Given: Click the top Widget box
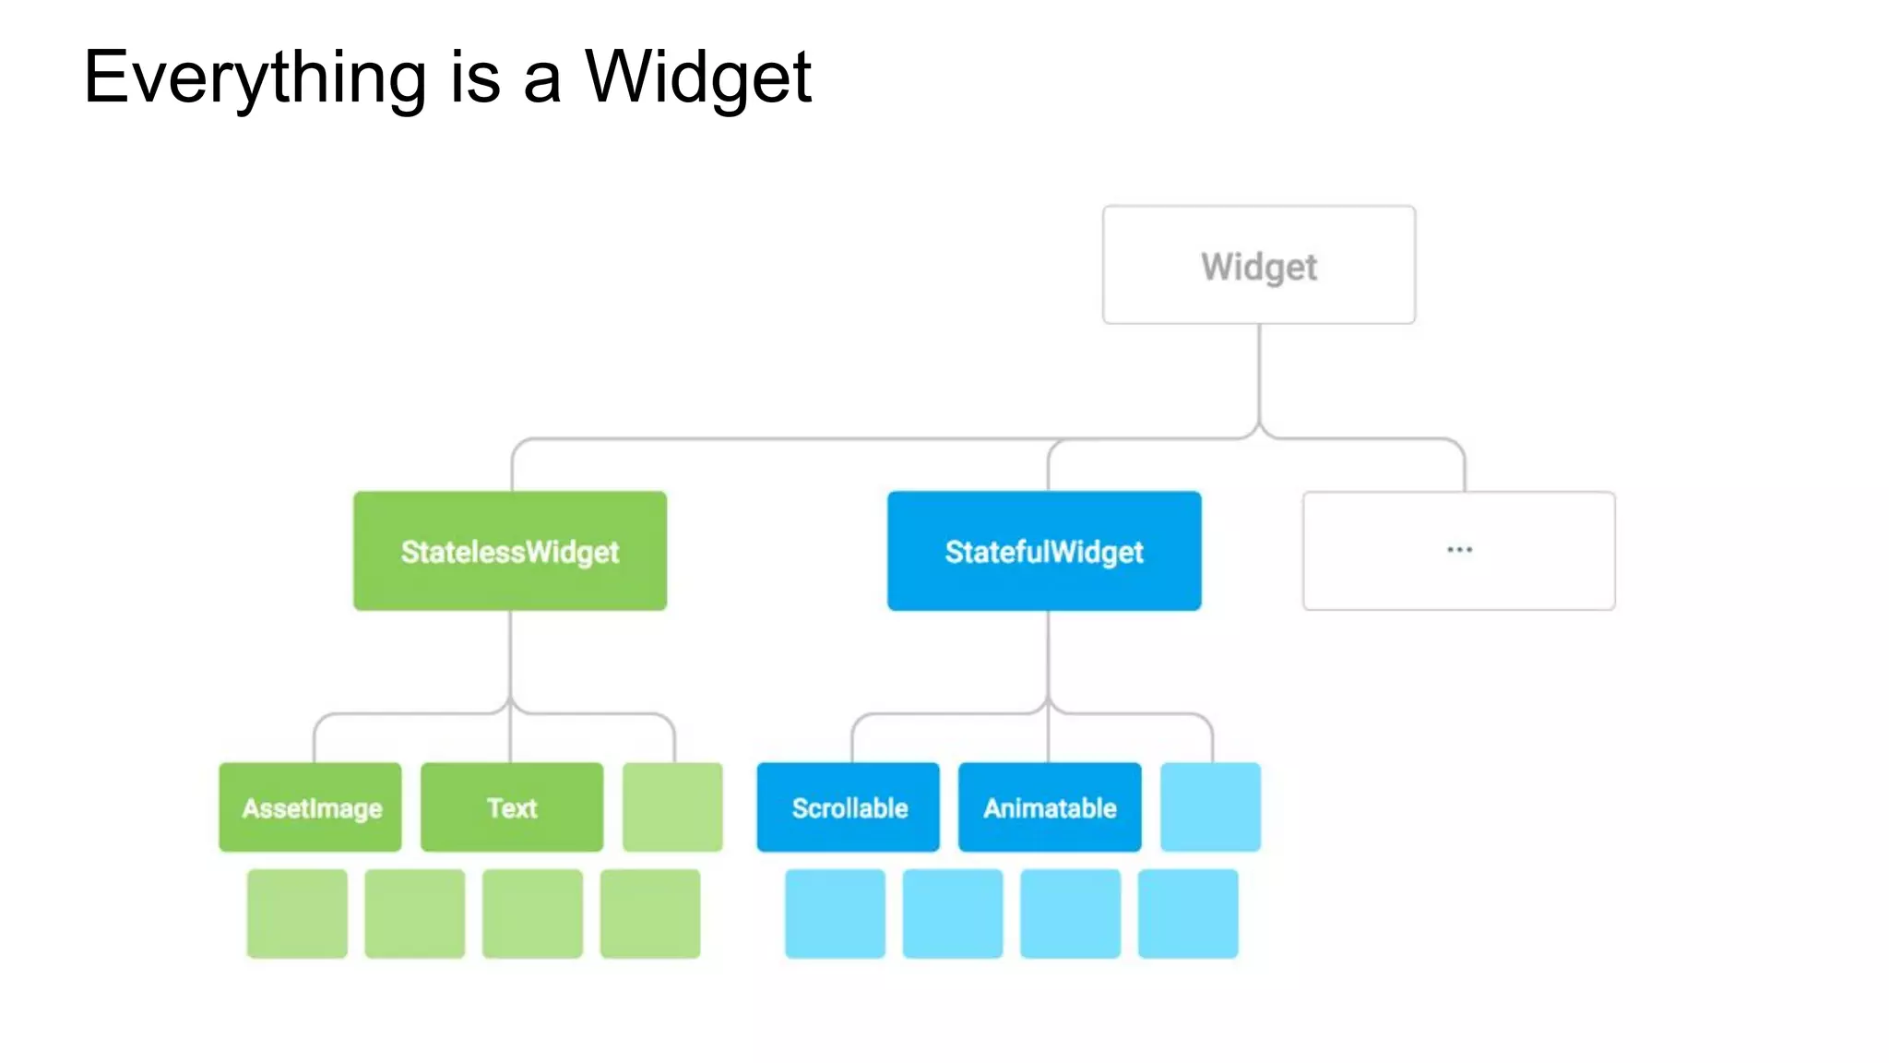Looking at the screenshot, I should (x=1259, y=265).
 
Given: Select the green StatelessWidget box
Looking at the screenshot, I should (x=510, y=551).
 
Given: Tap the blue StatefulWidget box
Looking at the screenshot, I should (x=1044, y=551).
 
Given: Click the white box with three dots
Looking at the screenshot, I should (x=1458, y=551).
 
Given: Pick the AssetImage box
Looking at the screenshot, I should (x=311, y=807).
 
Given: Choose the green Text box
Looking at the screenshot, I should (x=512, y=807).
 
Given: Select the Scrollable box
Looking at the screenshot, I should (x=849, y=807).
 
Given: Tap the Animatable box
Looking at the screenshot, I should (x=1050, y=807).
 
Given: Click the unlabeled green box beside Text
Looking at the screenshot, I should (x=672, y=807).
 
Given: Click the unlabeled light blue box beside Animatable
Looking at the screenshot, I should (x=1210, y=807).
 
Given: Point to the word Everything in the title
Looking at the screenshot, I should (x=255, y=79).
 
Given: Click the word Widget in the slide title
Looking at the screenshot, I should (x=698, y=79).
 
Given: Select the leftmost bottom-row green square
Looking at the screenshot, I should (x=297, y=914).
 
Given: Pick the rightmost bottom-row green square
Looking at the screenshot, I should (x=650, y=914).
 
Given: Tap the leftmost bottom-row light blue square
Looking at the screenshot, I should (x=835, y=914).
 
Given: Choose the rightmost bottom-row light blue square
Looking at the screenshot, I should (x=1188, y=914).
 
